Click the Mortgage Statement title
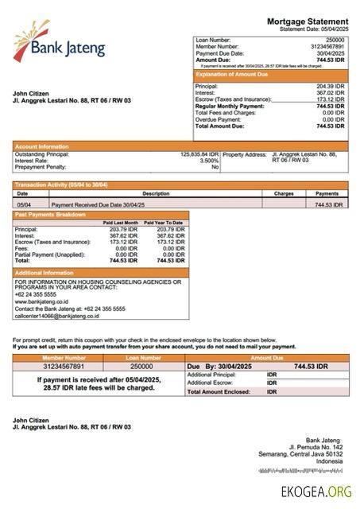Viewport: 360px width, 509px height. click(307, 21)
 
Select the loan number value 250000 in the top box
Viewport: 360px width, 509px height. click(335, 39)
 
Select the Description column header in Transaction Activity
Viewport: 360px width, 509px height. click(156, 193)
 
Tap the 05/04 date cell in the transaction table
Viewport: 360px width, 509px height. click(24, 204)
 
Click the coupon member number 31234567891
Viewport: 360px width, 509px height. click(63, 366)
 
